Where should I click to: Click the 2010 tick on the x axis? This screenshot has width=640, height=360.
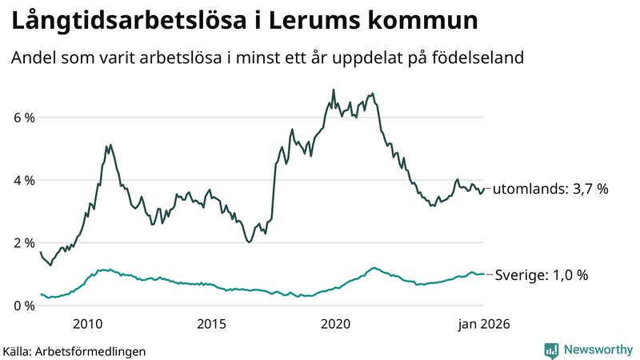(87, 324)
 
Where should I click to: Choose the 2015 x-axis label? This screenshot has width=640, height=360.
(211, 324)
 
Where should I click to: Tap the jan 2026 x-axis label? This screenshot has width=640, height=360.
(484, 324)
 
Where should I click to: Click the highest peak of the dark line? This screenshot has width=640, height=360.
(334, 90)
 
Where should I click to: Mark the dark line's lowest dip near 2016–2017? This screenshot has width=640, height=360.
(250, 242)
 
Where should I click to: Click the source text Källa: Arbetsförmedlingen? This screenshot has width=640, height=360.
(74, 350)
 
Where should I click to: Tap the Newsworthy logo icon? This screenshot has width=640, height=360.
(551, 350)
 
